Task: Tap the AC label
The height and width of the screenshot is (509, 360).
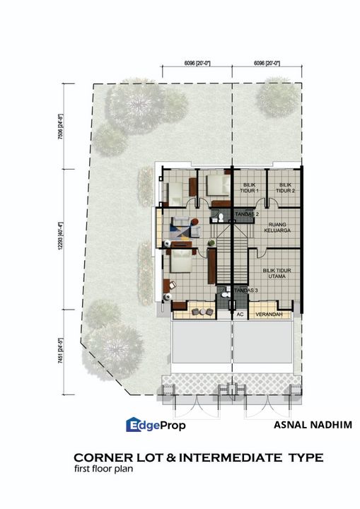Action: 240,314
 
